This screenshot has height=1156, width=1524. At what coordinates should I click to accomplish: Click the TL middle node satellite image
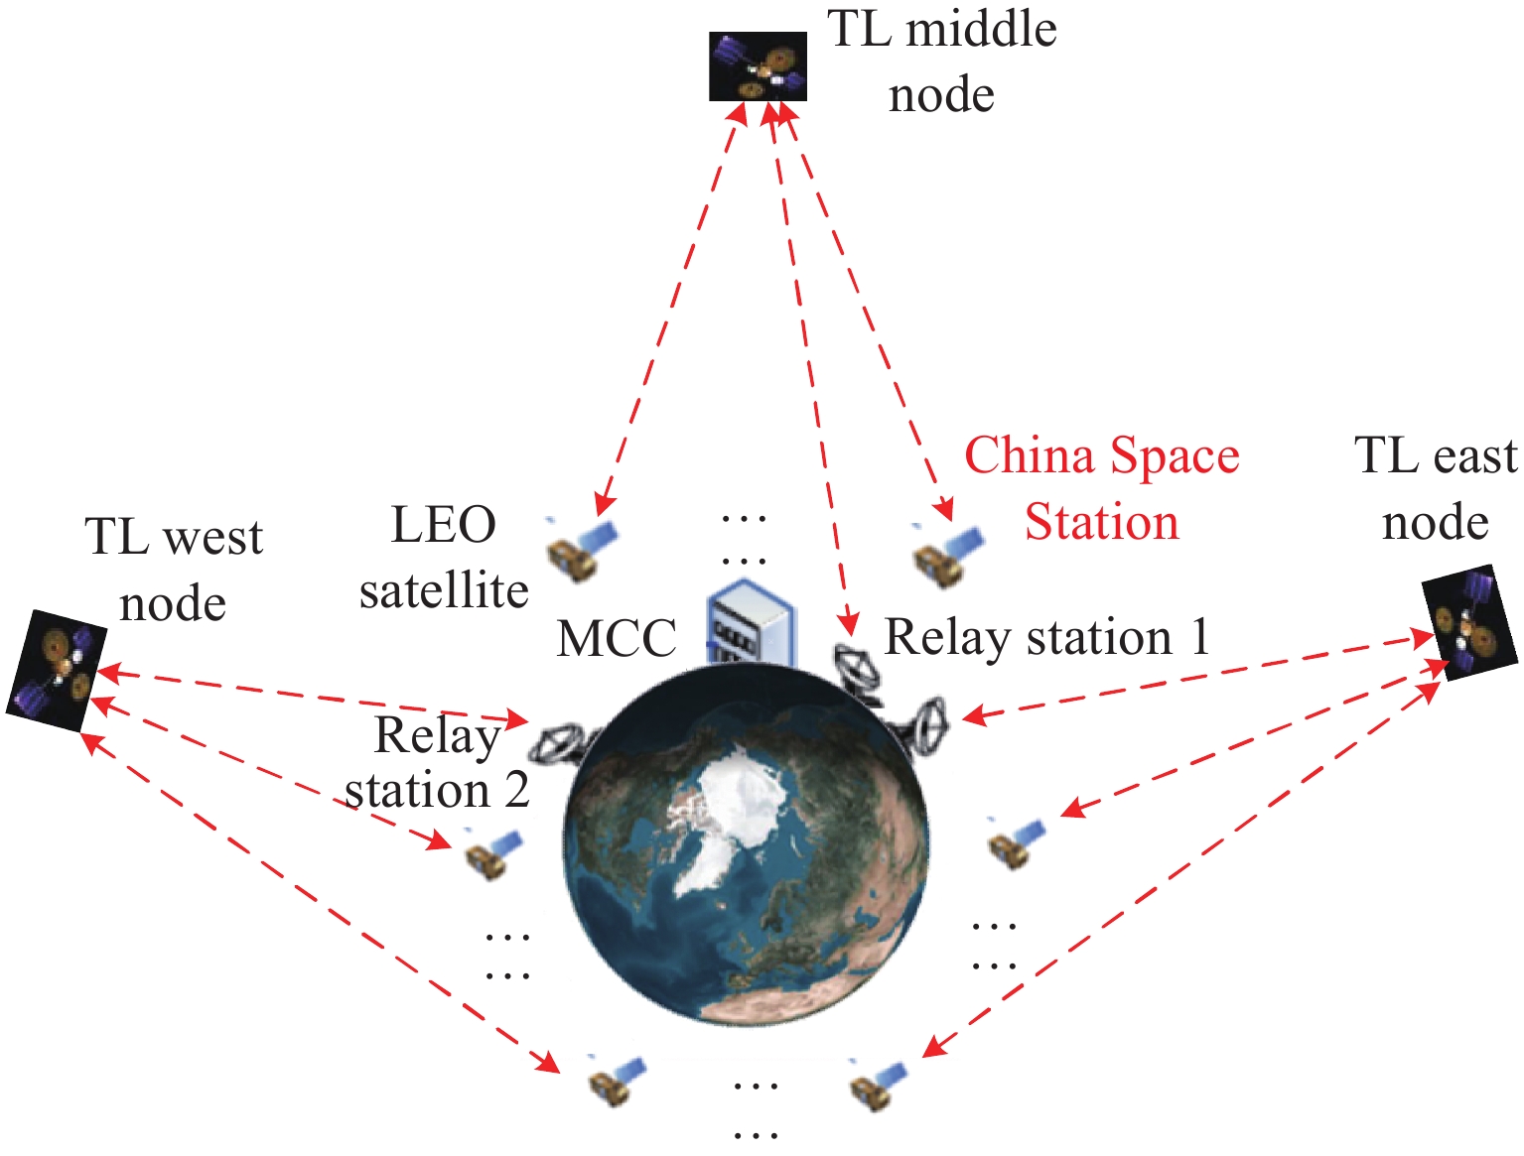[758, 66]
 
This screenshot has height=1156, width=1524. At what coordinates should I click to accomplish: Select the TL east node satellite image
[1470, 623]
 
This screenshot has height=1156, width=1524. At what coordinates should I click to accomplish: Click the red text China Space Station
[1102, 488]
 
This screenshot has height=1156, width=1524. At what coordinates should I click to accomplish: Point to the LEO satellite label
[444, 558]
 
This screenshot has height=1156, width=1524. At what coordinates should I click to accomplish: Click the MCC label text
[617, 639]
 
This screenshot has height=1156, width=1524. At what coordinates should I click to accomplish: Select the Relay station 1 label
[1047, 637]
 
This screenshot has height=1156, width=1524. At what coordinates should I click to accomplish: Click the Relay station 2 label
[437, 763]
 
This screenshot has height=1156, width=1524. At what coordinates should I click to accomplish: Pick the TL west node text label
[174, 570]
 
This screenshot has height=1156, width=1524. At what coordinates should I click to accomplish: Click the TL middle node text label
[942, 62]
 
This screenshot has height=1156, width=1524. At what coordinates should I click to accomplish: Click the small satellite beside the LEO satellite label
[580, 549]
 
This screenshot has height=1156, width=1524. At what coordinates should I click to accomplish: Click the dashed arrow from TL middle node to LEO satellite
[670, 308]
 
